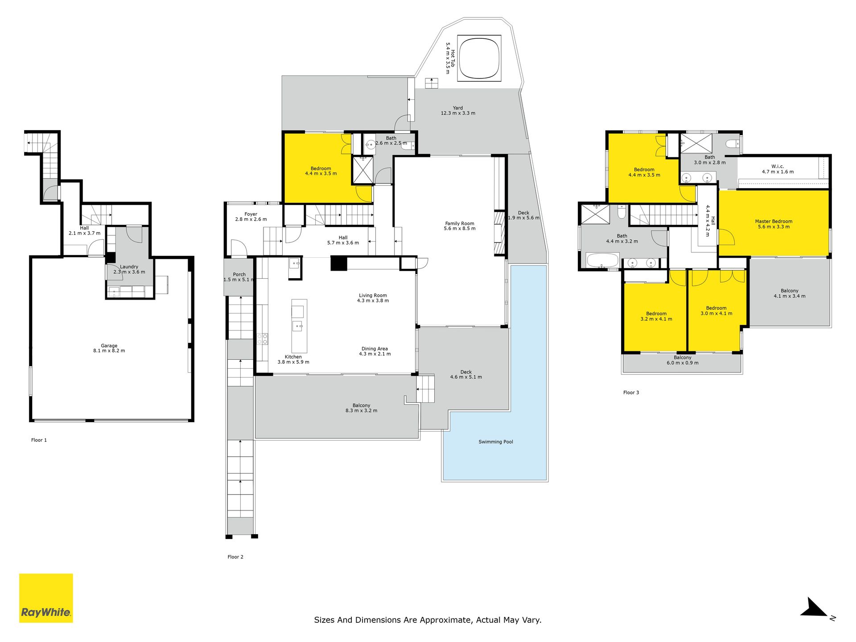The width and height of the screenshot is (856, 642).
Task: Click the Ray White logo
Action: click(x=46, y=598)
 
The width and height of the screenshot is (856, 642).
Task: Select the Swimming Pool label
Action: click(x=496, y=442)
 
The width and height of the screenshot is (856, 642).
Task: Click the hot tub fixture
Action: click(x=479, y=58)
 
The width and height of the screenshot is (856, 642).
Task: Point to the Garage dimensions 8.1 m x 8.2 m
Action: click(x=109, y=351)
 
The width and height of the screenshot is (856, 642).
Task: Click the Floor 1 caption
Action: click(x=39, y=440)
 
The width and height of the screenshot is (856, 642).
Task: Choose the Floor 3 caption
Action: click(x=631, y=393)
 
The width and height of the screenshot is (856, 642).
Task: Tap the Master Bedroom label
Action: click(x=774, y=222)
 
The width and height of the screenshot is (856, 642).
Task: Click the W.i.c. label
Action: click(x=778, y=166)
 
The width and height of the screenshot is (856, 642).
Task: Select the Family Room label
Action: click(x=460, y=223)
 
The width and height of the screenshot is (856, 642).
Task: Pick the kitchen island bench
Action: click(x=299, y=326)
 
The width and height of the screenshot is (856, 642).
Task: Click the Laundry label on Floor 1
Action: click(x=129, y=267)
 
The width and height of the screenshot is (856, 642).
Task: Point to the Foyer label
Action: click(x=251, y=214)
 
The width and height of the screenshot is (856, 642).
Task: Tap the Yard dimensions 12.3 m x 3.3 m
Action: click(x=458, y=113)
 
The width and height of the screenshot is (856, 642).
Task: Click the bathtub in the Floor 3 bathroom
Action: click(x=603, y=260)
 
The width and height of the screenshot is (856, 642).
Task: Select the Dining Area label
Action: click(x=374, y=349)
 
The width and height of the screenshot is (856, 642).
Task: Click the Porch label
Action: click(x=239, y=275)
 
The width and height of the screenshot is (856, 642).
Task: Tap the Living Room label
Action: click(x=373, y=295)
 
